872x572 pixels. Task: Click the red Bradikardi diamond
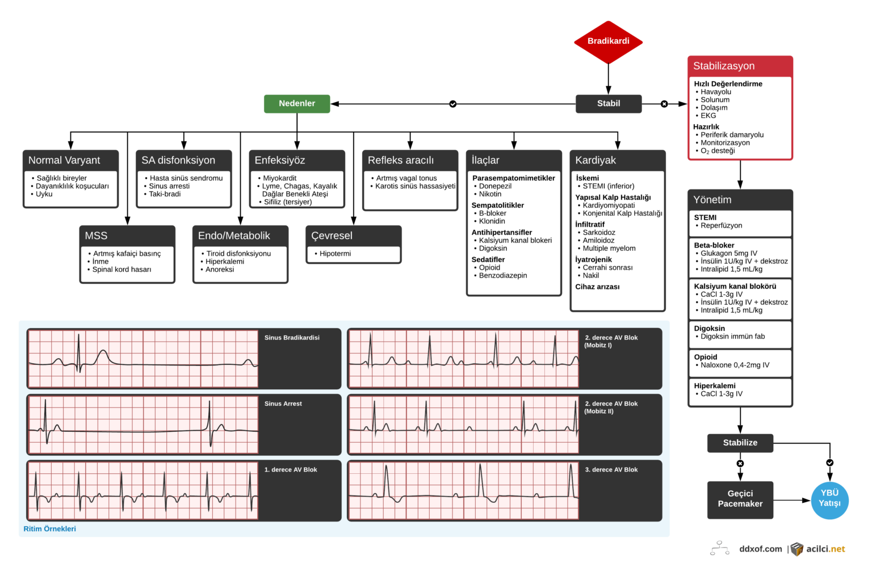click(608, 41)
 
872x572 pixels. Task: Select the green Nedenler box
click(297, 103)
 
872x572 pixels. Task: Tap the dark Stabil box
click(609, 103)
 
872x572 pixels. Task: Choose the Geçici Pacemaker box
click(740, 499)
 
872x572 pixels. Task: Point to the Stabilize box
click(740, 443)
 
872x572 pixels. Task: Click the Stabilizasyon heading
click(724, 66)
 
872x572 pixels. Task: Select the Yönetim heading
click(712, 200)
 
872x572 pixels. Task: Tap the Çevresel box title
click(332, 235)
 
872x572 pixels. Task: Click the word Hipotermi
click(335, 254)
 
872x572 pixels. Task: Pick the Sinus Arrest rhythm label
click(283, 403)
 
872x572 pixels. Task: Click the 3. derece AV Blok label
click(611, 470)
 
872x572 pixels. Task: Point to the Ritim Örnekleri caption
click(49, 529)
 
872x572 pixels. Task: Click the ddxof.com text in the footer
click(760, 549)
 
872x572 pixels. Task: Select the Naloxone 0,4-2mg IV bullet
click(735, 365)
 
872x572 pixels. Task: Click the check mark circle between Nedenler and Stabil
click(452, 104)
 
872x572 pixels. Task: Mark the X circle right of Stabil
click(664, 104)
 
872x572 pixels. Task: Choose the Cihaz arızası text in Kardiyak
click(597, 287)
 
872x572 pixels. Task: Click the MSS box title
click(96, 235)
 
